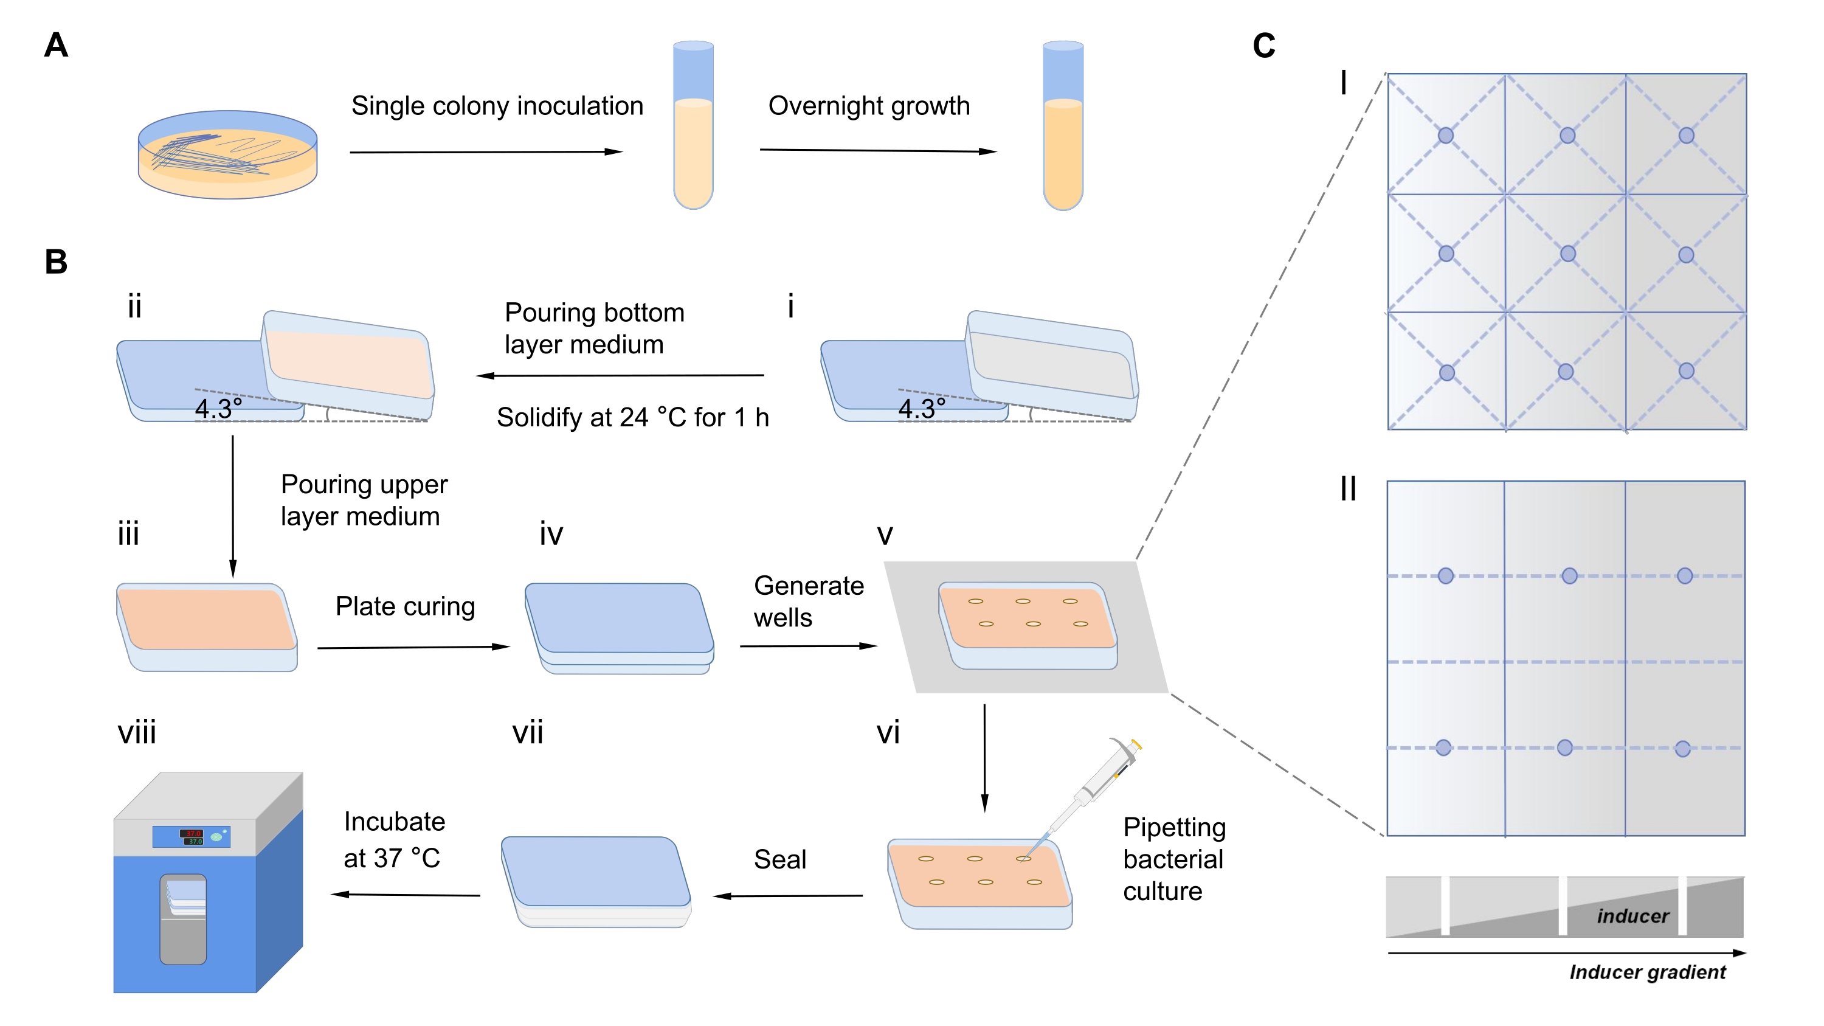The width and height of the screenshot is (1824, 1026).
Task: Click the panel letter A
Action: [x=56, y=46]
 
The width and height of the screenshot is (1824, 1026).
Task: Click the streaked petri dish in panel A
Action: [x=227, y=154]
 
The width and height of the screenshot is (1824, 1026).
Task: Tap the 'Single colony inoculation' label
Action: [x=497, y=106]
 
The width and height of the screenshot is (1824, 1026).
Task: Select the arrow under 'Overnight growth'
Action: [x=877, y=150]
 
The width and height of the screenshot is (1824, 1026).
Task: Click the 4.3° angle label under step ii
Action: [x=218, y=409]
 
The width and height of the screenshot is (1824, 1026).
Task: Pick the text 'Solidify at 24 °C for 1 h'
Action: [x=632, y=418]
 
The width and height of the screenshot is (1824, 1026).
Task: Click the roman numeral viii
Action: [x=137, y=732]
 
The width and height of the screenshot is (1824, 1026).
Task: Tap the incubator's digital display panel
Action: [x=191, y=836]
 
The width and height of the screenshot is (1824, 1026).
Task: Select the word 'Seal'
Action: [x=779, y=859]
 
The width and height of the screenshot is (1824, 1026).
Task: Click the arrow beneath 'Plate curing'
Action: [x=413, y=646]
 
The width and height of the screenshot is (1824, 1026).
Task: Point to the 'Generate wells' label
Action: [x=808, y=601]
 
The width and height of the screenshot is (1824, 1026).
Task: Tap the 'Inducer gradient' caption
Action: [x=1647, y=972]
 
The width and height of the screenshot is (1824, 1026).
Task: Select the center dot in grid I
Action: [x=1567, y=254]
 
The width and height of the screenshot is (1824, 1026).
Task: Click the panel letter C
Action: [x=1264, y=46]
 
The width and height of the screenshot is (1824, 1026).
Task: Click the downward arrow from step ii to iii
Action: [x=233, y=506]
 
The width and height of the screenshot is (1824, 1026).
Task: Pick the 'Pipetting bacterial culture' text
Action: [x=1174, y=859]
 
